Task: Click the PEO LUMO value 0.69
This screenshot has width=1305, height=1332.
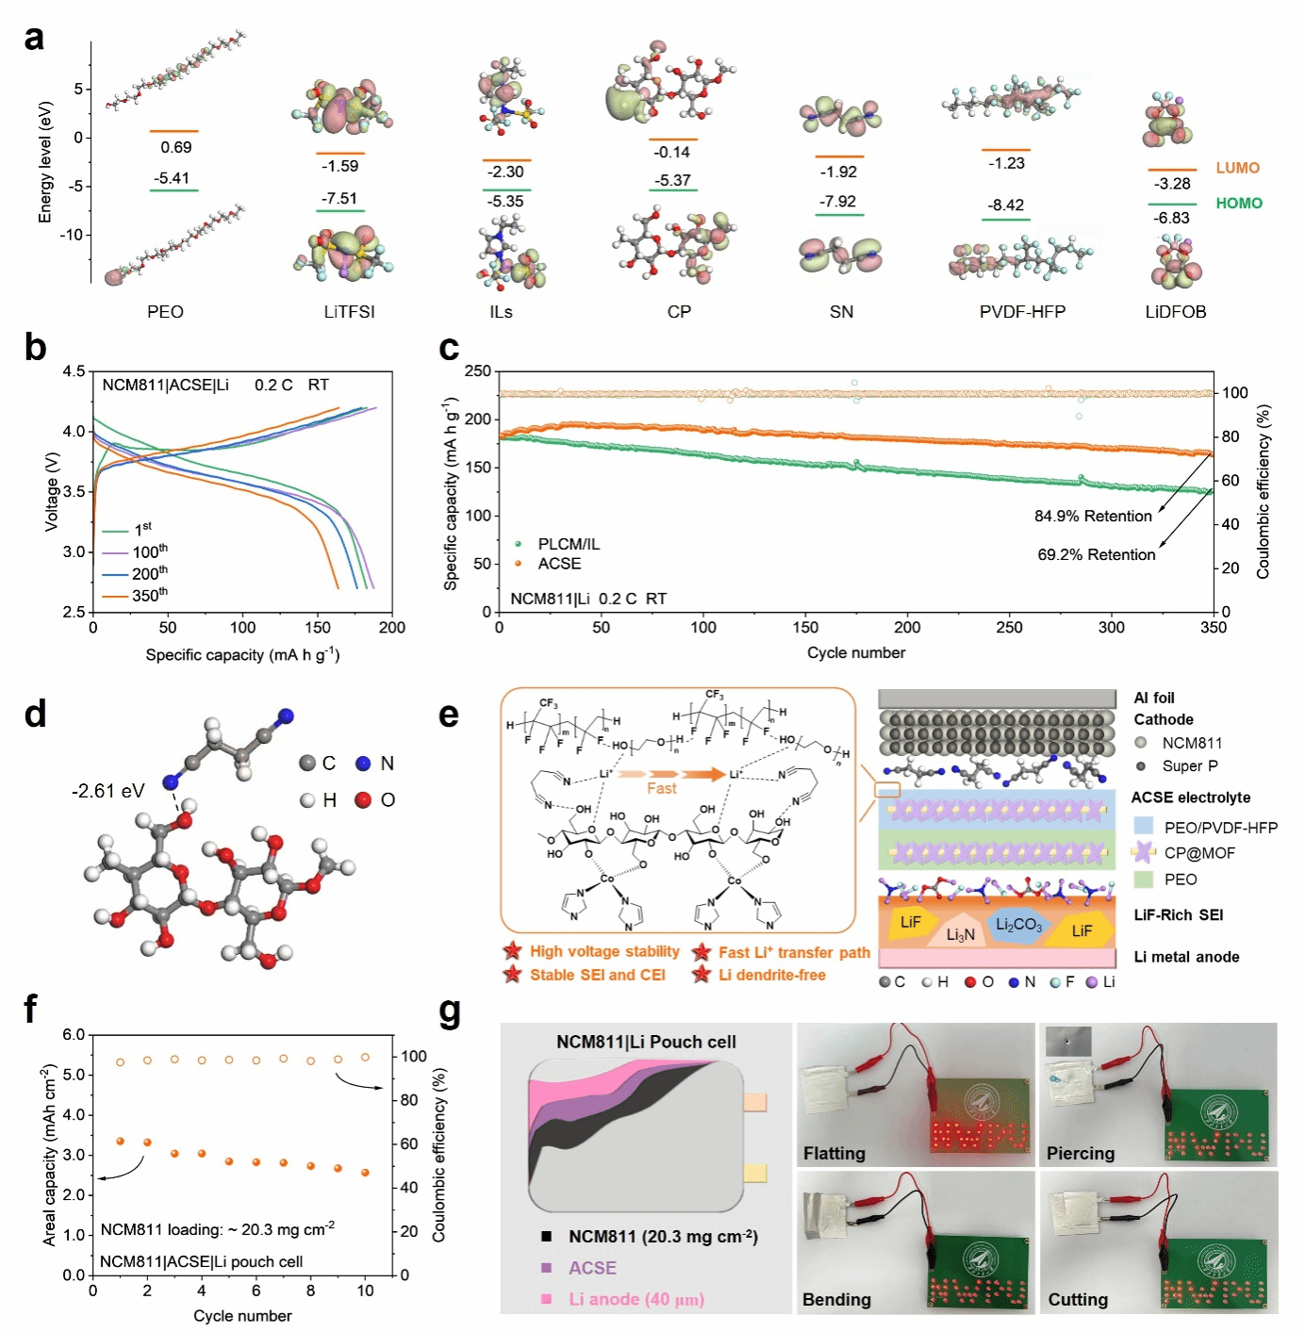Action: tap(175, 147)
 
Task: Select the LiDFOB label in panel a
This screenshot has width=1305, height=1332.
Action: tap(1175, 312)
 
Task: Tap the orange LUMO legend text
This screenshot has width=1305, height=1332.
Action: tap(1237, 168)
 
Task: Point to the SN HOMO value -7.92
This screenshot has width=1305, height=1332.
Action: tap(838, 202)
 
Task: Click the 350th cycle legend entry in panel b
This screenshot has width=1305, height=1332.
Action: tap(150, 596)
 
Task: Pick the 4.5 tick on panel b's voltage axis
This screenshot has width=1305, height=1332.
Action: tap(74, 371)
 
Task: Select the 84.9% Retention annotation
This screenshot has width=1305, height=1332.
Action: tap(1093, 517)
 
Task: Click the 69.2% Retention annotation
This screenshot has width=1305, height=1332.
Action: tap(1096, 555)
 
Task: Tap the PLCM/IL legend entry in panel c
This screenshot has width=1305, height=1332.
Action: tap(568, 544)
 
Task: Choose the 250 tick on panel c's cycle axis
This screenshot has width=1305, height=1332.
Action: tap(1009, 628)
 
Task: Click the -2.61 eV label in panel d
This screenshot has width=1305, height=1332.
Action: tap(107, 791)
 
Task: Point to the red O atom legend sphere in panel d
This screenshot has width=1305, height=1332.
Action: tap(363, 800)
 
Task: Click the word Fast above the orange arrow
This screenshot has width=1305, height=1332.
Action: tap(661, 788)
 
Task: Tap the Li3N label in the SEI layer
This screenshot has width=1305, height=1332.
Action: tap(960, 935)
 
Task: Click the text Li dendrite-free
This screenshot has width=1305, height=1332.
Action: tap(771, 975)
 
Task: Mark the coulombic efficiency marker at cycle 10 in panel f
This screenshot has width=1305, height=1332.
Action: tap(365, 1058)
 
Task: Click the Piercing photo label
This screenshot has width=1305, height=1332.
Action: tap(1080, 1153)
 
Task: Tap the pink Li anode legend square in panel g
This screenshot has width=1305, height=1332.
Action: tap(546, 1299)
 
